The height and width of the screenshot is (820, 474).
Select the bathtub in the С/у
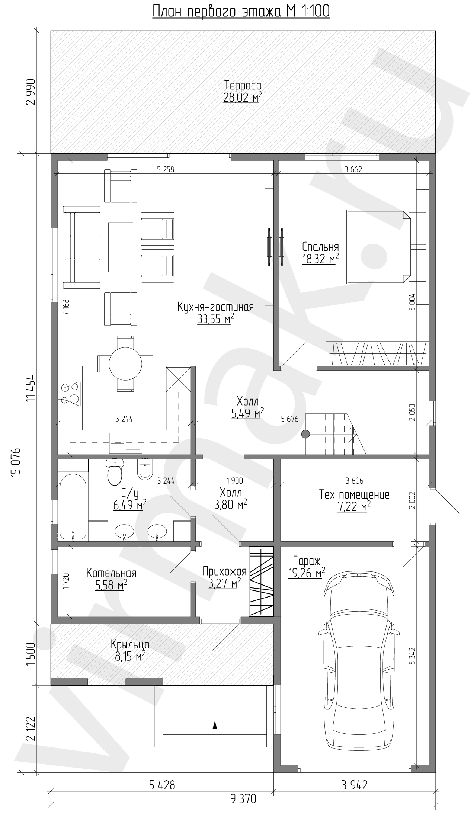[x=73, y=507]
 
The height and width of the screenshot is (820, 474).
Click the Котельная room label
[x=111, y=573]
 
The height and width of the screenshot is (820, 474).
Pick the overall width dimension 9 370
[x=243, y=796]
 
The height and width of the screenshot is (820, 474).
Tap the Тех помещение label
[x=354, y=495]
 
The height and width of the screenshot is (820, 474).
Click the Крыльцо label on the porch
[x=130, y=644]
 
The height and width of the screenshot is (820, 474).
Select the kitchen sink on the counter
[x=125, y=443]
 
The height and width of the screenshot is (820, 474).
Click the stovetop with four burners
[x=70, y=394]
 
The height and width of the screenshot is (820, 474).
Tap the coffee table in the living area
[x=121, y=247]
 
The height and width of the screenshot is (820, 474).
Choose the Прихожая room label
[x=224, y=571]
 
